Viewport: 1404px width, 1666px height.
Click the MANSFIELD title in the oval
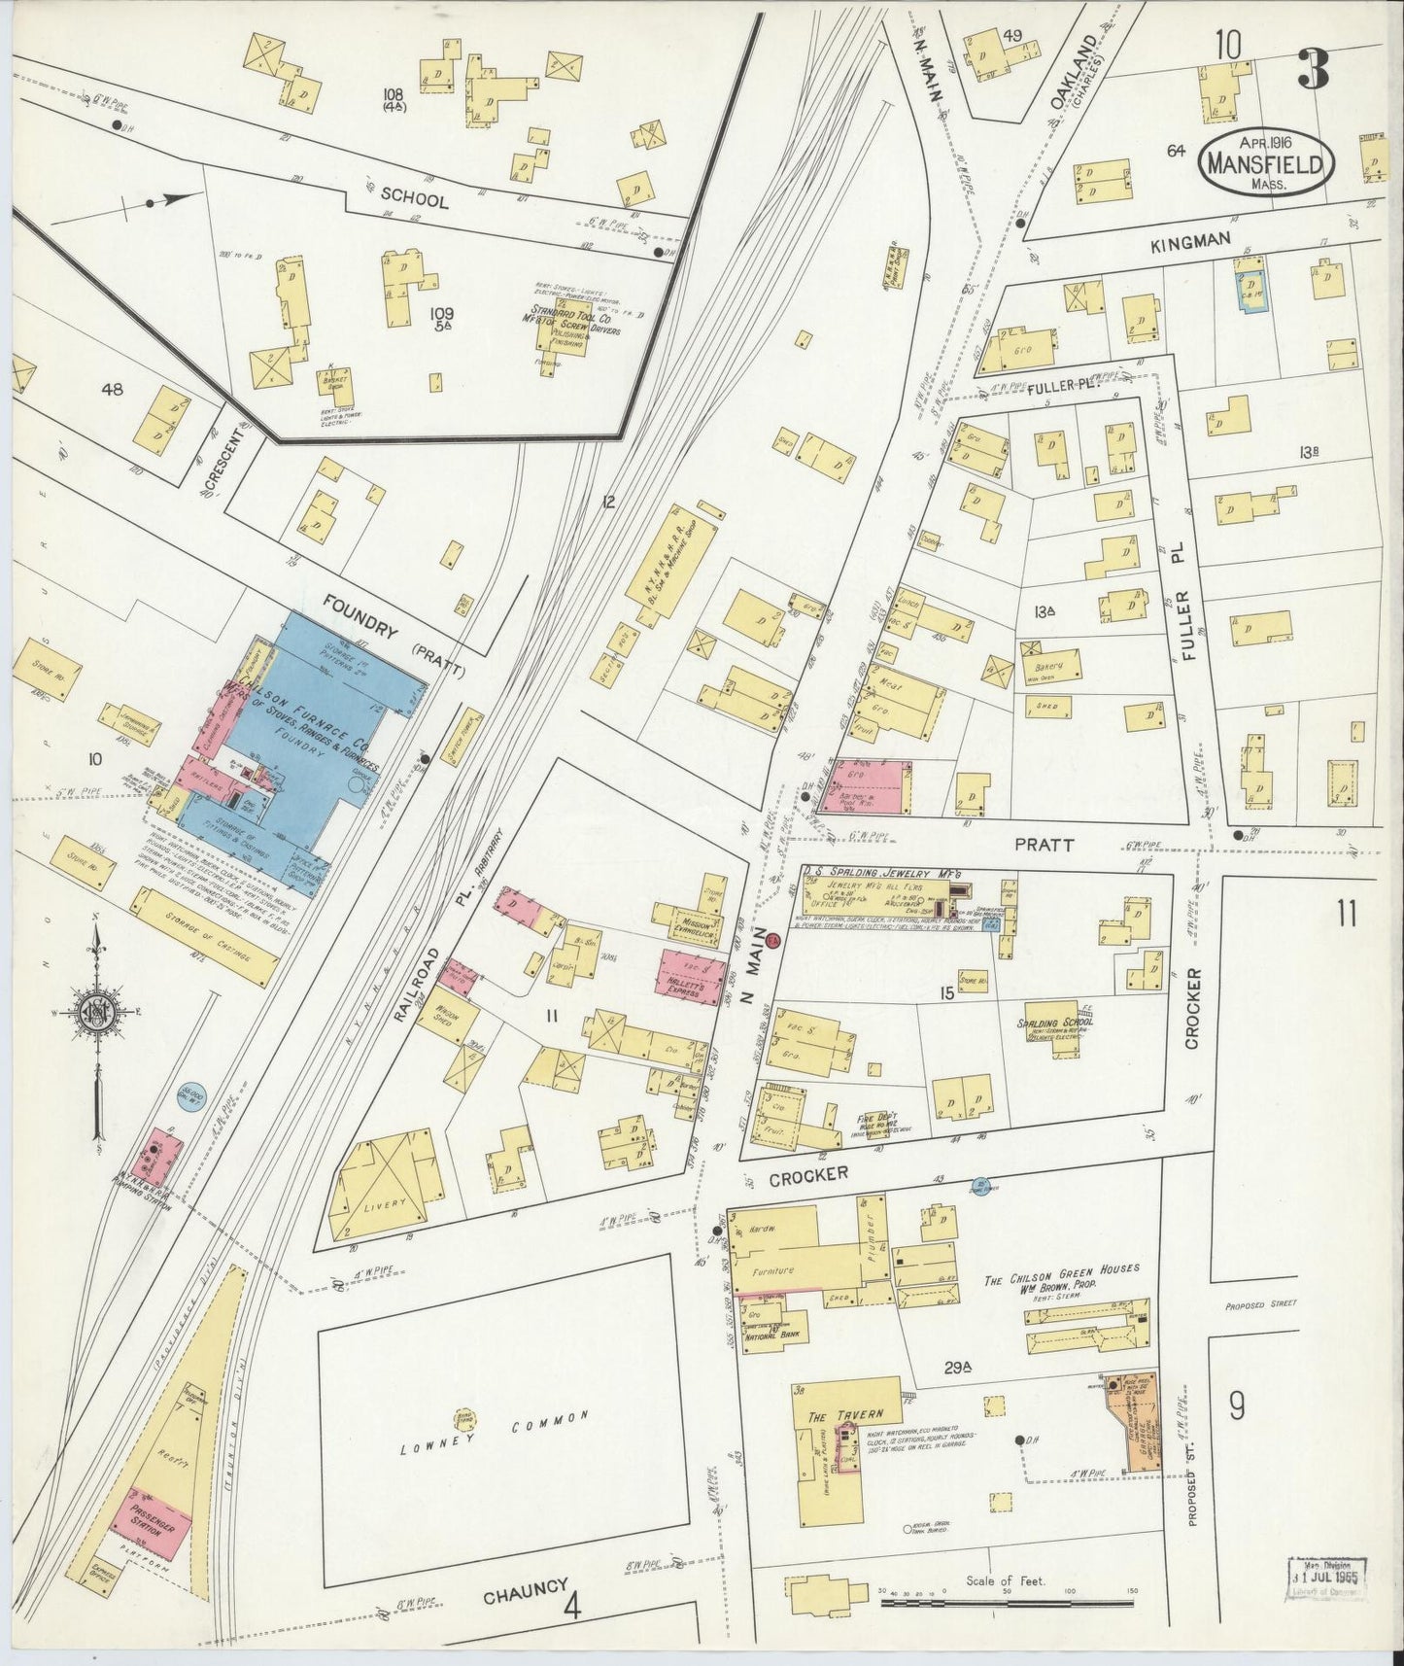[x=1264, y=163]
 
